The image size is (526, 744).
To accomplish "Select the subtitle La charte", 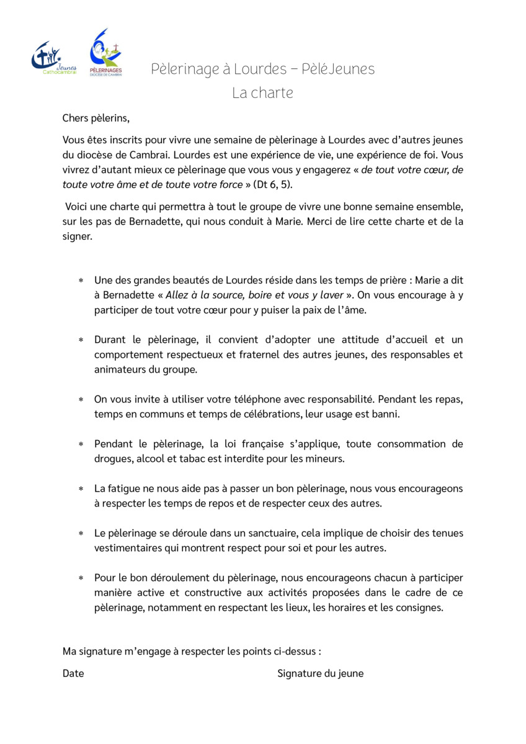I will [x=262, y=93].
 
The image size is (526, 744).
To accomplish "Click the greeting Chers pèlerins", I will [x=96, y=118].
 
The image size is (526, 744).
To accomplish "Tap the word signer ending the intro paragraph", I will [x=77, y=237].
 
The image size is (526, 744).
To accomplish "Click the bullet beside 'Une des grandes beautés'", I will [x=81, y=281].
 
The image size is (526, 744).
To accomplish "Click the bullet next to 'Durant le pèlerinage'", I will [x=81, y=340].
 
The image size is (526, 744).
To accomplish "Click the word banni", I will [x=385, y=414].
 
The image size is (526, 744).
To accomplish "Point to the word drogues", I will [x=112, y=459].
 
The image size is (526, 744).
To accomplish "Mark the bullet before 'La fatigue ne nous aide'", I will [x=81, y=489].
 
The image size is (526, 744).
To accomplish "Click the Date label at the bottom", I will [x=73, y=673].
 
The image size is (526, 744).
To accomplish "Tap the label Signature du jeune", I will [x=320, y=673].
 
